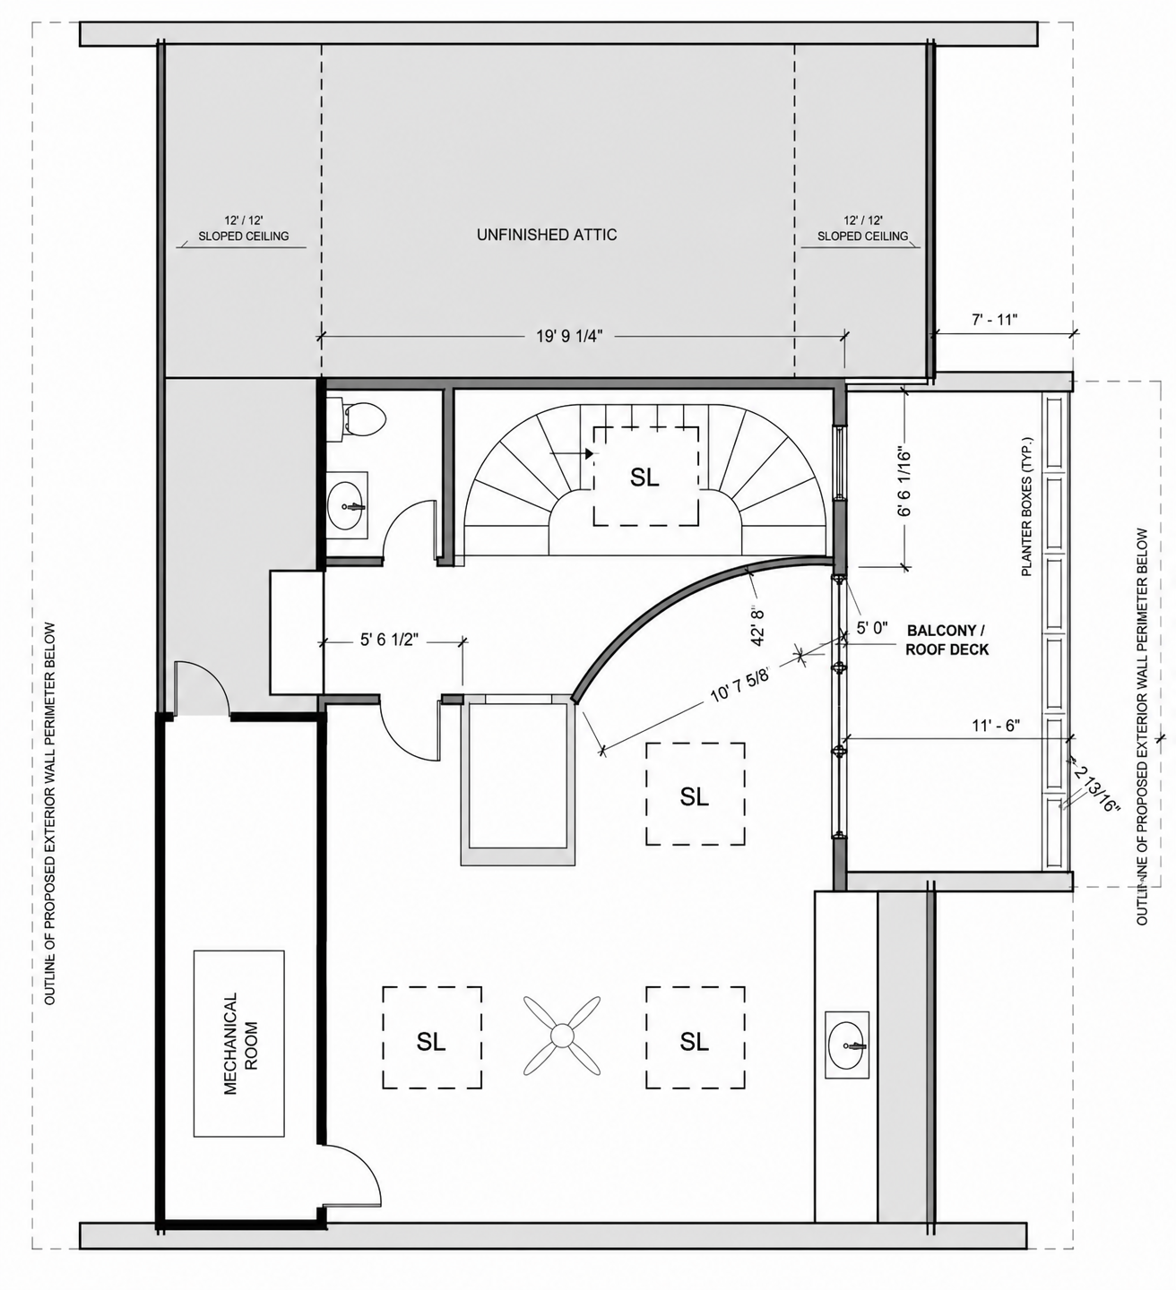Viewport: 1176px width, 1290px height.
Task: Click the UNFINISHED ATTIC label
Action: pos(547,235)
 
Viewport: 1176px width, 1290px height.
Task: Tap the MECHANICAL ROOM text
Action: pos(239,1044)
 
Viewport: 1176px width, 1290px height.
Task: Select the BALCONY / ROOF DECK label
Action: pos(947,640)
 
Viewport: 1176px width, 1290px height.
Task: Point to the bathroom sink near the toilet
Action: pos(348,505)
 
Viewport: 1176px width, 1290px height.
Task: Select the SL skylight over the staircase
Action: pos(645,477)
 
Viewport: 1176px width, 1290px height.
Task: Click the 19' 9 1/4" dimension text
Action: pos(569,336)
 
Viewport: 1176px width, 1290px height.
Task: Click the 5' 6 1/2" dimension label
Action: pos(389,640)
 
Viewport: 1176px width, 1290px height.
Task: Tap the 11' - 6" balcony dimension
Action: pos(996,726)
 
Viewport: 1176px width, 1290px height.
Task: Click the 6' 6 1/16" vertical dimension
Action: pos(904,482)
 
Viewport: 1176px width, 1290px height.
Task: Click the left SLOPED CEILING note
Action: pos(243,236)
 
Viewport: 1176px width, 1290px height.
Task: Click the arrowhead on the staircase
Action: pos(588,453)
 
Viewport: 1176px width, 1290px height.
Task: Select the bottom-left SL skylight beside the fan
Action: pos(431,1041)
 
